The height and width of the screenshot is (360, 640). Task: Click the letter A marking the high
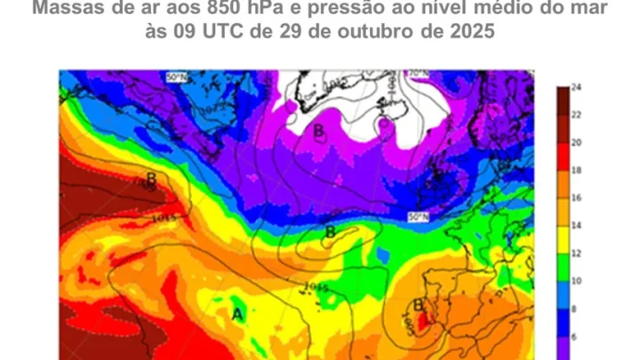(237, 314)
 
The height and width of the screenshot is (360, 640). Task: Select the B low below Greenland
(318, 130)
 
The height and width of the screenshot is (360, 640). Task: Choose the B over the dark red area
(151, 180)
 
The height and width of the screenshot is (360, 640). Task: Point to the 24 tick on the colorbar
(576, 87)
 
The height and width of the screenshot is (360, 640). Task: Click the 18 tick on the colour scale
(576, 170)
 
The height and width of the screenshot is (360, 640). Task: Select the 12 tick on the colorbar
(576, 253)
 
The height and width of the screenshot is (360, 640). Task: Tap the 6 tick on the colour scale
(576, 336)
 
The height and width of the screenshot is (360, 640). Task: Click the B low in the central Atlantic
(330, 232)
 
